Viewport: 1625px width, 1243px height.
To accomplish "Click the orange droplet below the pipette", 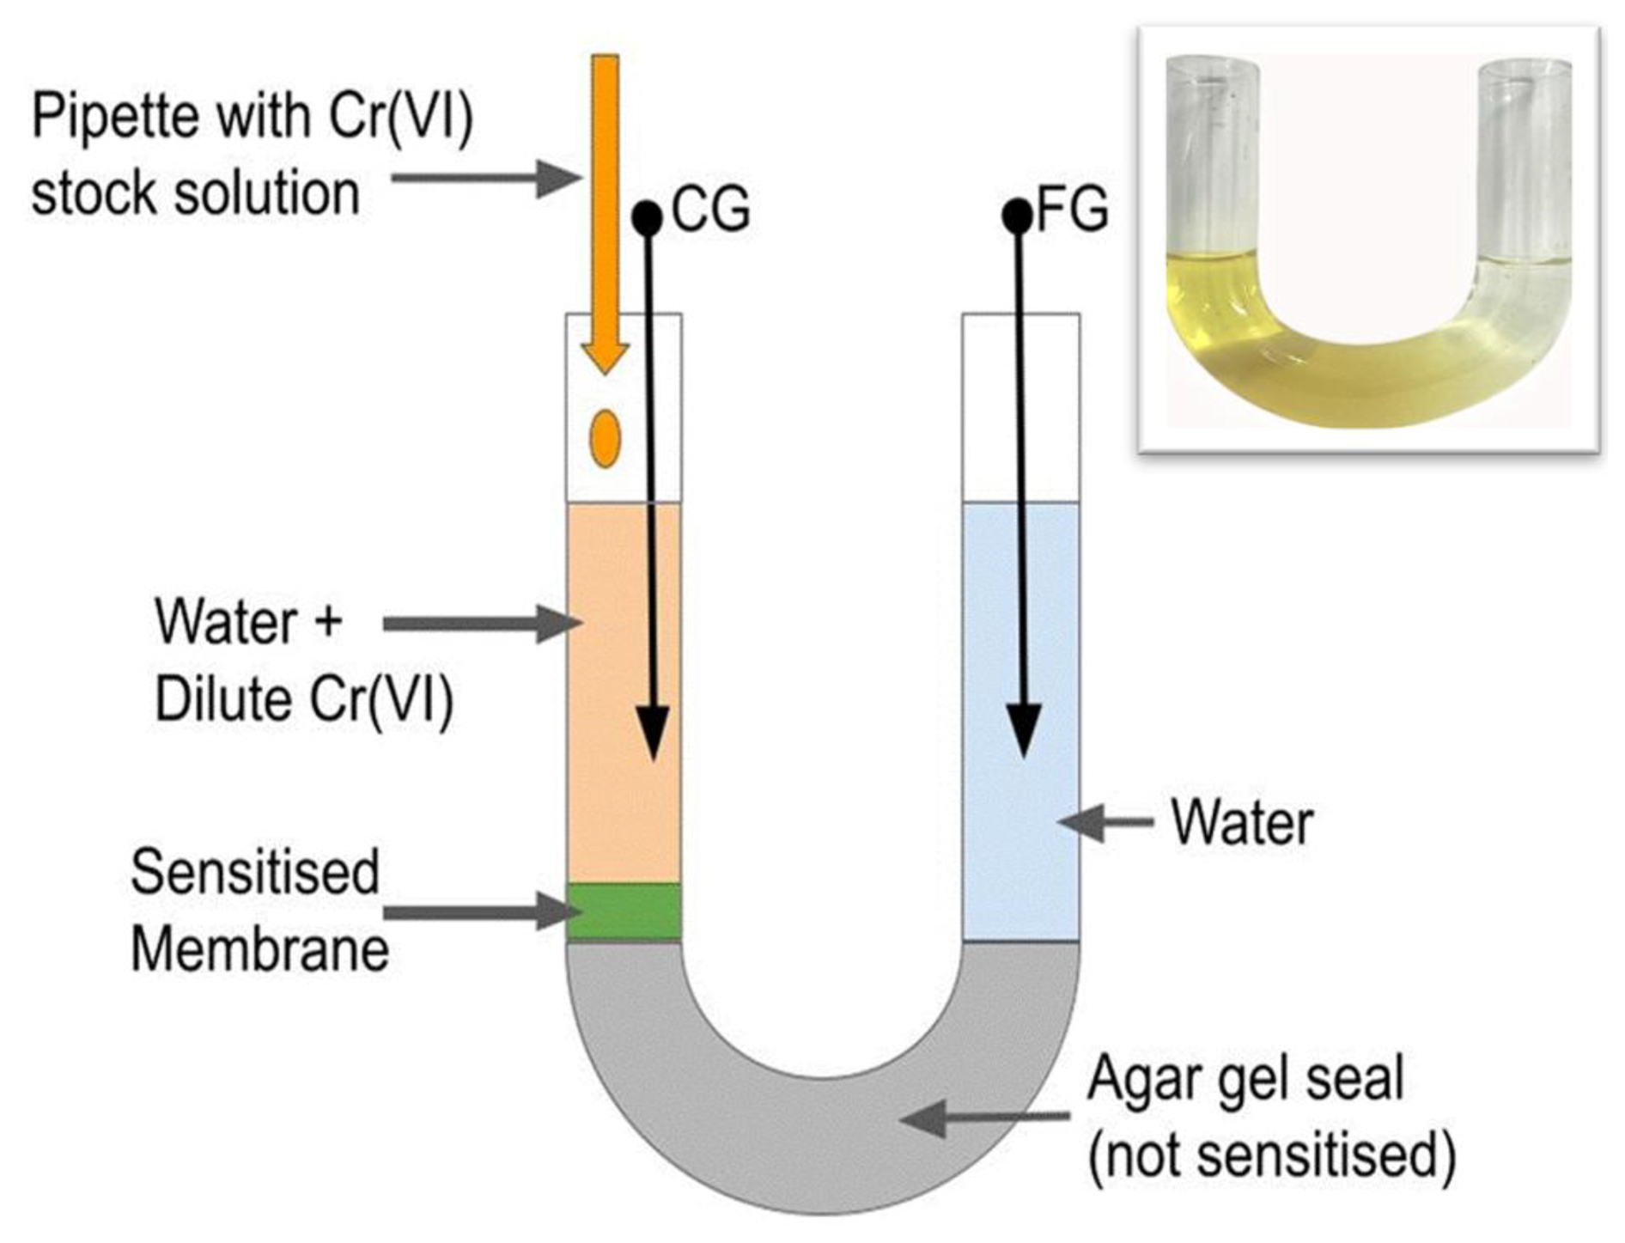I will [x=605, y=438].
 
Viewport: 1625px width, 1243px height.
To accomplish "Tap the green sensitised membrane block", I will [x=624, y=911].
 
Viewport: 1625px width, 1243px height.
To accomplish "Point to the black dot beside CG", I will [x=647, y=217].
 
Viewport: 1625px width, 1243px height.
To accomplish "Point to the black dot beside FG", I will [x=1018, y=216].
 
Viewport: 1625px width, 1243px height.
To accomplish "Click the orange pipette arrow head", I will [x=606, y=357].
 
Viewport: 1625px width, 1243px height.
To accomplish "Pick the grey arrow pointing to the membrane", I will [x=477, y=911].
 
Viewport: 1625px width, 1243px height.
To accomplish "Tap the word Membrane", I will [x=260, y=950].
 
